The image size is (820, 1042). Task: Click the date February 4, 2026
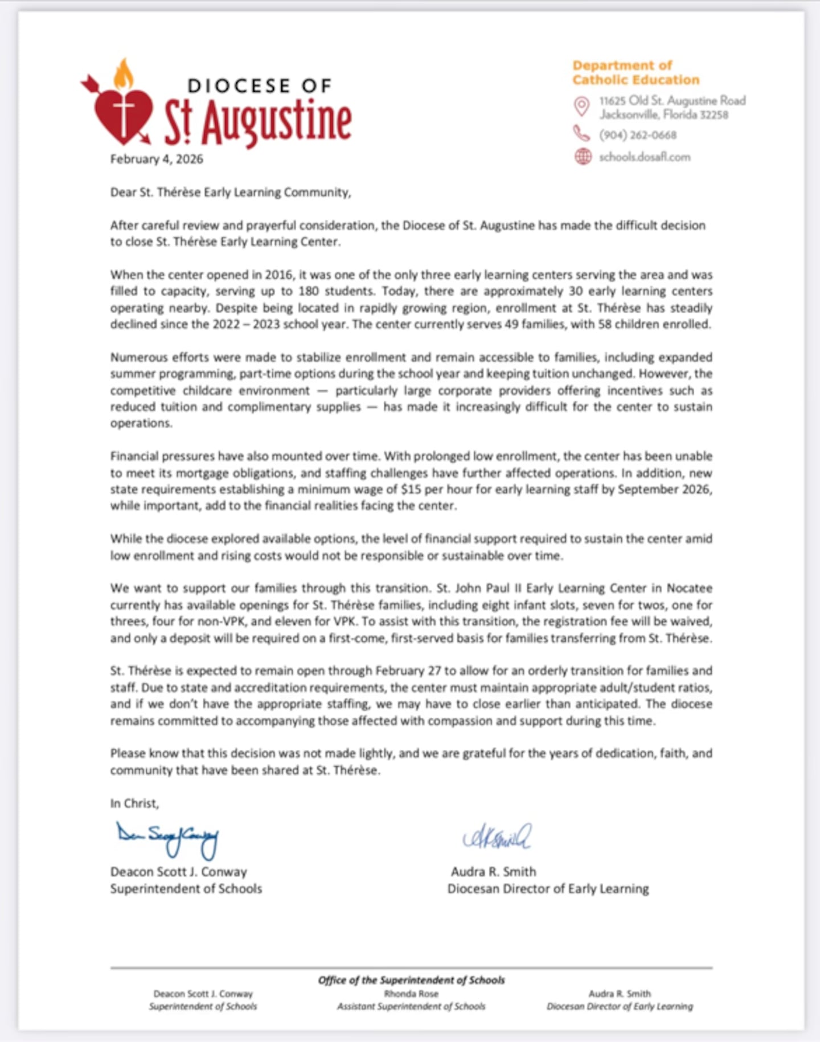[x=157, y=159]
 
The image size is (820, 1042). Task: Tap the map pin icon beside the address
[x=581, y=107]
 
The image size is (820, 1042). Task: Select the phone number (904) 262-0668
[x=637, y=135]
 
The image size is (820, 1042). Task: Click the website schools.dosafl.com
[x=644, y=157]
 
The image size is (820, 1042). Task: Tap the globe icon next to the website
[x=583, y=157]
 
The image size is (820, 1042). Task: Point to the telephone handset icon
[x=581, y=133]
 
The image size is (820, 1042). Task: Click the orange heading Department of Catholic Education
[x=635, y=72]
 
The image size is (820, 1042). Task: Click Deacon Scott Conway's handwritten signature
[x=167, y=838]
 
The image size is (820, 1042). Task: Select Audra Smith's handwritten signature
[x=497, y=836]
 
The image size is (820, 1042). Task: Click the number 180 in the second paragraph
[x=308, y=291]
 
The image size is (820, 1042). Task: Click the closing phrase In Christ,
[x=134, y=803]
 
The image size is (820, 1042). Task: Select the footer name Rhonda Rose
[x=411, y=994]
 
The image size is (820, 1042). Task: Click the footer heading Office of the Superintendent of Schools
[x=411, y=980]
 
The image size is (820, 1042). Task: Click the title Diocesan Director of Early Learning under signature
[x=548, y=889]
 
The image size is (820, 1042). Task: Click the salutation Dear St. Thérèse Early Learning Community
[x=230, y=193]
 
